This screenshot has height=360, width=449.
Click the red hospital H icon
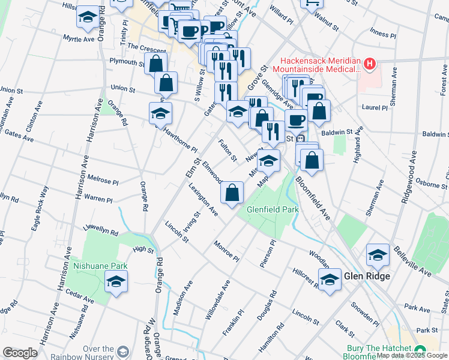(x=370, y=63)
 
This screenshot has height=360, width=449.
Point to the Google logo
(x=20, y=353)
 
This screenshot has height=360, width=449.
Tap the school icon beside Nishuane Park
(x=116, y=281)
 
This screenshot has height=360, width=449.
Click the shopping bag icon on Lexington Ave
(x=232, y=193)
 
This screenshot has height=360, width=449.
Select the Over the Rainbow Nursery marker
(x=124, y=351)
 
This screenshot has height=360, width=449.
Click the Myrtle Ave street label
(x=79, y=38)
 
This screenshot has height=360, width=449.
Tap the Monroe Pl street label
(x=226, y=251)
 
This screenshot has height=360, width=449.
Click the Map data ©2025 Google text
(x=412, y=355)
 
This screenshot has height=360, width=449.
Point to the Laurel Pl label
(x=376, y=108)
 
